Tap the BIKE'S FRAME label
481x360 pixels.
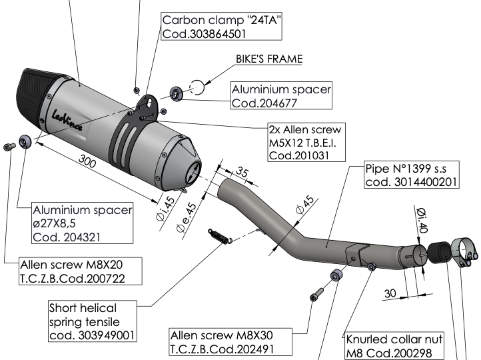268,59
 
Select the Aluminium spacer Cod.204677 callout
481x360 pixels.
280,96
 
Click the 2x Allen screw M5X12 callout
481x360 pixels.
305,141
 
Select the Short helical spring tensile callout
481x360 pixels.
91,321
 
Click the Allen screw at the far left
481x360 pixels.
9,146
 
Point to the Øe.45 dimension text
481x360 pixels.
187,217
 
